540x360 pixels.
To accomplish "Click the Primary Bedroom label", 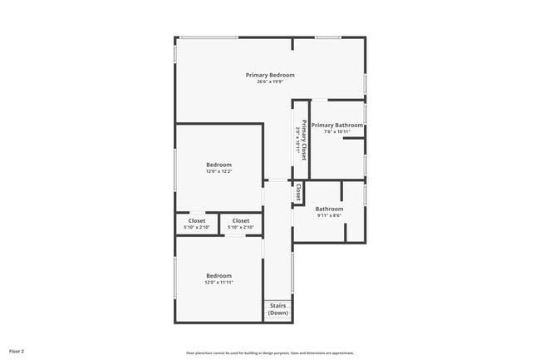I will click(x=270, y=75).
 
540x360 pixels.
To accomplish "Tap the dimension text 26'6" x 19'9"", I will click(x=270, y=81).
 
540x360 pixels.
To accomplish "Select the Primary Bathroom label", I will click(x=337, y=125).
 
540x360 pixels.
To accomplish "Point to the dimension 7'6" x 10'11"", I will click(x=337, y=131).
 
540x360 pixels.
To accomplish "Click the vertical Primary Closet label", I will click(x=304, y=140).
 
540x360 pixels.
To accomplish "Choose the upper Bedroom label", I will click(x=218, y=165).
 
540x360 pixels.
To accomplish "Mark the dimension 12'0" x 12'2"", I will click(x=218, y=171).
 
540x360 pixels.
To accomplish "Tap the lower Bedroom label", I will click(x=218, y=275).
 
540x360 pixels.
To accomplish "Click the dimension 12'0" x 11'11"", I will click(x=218, y=282).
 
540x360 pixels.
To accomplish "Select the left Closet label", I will click(x=196, y=220).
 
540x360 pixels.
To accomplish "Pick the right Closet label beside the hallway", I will click(x=240, y=220).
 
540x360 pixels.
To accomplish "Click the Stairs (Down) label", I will click(x=277, y=309).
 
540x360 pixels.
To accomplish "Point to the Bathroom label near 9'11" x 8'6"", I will click(x=329, y=209).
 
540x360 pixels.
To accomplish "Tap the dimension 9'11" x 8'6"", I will click(x=329, y=215).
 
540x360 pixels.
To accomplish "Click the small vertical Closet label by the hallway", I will click(x=298, y=192).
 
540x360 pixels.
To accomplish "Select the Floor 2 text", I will click(x=17, y=352).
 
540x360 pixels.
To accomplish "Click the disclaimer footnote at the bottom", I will click(x=270, y=353).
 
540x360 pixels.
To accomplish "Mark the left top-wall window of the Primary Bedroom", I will click(x=209, y=37).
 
